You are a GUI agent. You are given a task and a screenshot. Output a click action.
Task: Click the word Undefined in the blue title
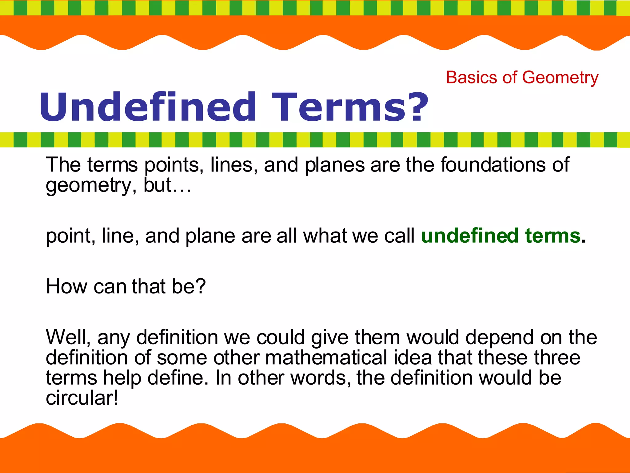148,107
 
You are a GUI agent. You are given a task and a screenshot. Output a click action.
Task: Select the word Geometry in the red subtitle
560,78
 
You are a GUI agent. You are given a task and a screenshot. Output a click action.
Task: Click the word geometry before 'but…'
89,186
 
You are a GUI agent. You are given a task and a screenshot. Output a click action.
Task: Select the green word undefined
470,236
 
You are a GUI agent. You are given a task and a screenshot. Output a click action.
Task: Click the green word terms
553,236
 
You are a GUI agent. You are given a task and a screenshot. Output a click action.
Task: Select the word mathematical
326,358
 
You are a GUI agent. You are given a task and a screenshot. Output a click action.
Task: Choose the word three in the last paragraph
557,358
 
